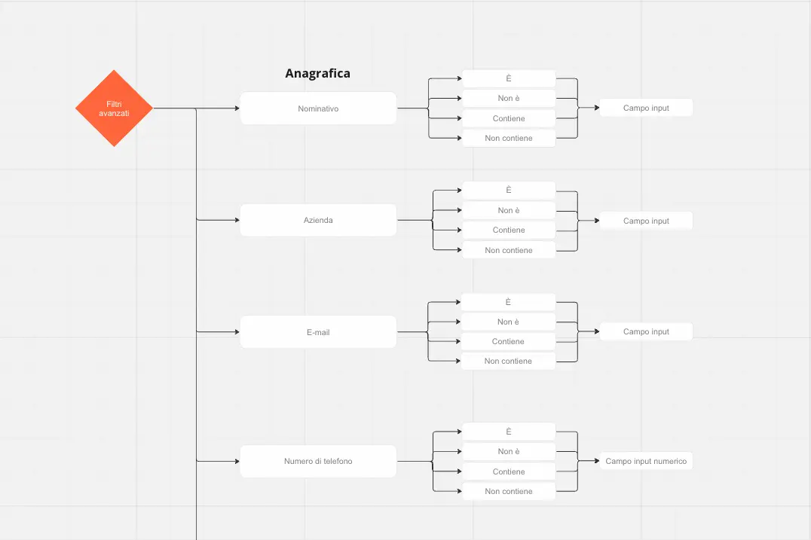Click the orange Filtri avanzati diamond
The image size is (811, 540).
tap(114, 108)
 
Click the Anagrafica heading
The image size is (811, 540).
tap(317, 73)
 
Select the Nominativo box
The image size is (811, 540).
tap(318, 108)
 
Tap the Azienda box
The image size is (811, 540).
tap(318, 220)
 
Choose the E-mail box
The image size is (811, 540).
tap(318, 331)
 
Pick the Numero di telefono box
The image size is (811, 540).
tap(318, 461)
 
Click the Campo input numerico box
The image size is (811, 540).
tap(646, 461)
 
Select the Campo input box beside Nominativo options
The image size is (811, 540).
tap(646, 108)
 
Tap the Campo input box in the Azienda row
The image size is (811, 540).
tap(646, 221)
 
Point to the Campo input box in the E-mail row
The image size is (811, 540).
tap(646, 331)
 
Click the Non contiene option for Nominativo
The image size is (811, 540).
tap(509, 138)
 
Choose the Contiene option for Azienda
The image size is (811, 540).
tap(509, 230)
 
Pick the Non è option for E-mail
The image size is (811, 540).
tap(508, 322)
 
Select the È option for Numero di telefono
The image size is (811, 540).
tap(509, 432)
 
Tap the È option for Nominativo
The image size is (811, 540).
tap(509, 78)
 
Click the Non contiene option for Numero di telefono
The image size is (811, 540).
tap(509, 492)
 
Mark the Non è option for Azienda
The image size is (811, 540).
tap(509, 210)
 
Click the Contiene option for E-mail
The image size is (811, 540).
tap(508, 342)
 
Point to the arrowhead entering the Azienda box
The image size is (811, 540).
tap(237, 220)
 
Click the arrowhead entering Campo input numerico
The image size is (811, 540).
tap(597, 461)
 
